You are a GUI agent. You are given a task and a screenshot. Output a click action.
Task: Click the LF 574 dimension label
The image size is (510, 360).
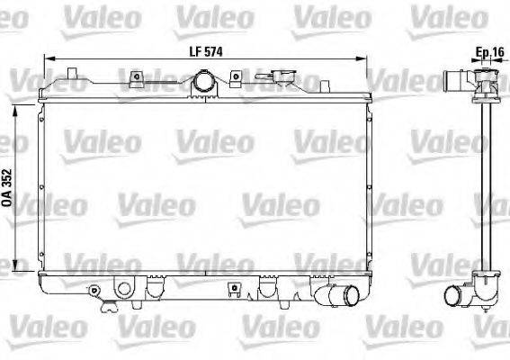pos(205,52)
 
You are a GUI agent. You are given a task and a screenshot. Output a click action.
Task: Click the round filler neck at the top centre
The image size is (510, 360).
pos(203,84)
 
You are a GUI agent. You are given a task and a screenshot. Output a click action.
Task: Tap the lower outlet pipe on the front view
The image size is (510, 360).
pos(344,294)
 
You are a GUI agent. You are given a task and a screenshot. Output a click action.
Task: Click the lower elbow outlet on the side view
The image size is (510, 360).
pos(458,293)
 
